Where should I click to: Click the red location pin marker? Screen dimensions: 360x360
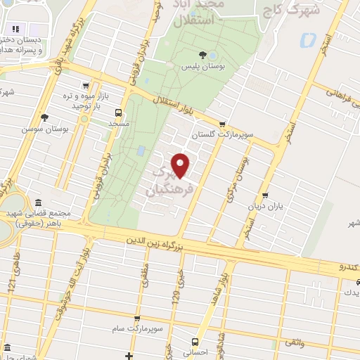181,166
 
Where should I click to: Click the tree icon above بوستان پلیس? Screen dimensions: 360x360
203,53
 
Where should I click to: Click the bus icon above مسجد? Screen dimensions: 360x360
117,112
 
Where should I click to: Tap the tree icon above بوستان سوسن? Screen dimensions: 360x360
45,117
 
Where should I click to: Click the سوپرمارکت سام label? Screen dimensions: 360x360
138,328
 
